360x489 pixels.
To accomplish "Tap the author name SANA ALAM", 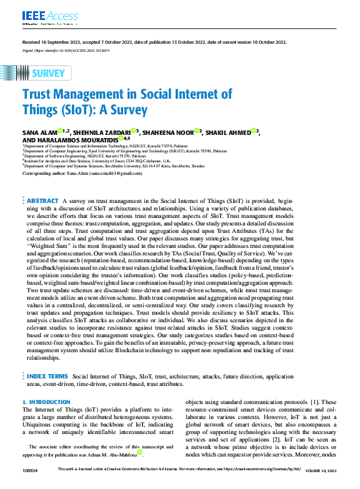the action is pos(39,132).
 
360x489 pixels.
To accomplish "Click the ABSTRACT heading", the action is pos(42,200).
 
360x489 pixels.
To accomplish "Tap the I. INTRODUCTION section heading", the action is pos(46,402).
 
